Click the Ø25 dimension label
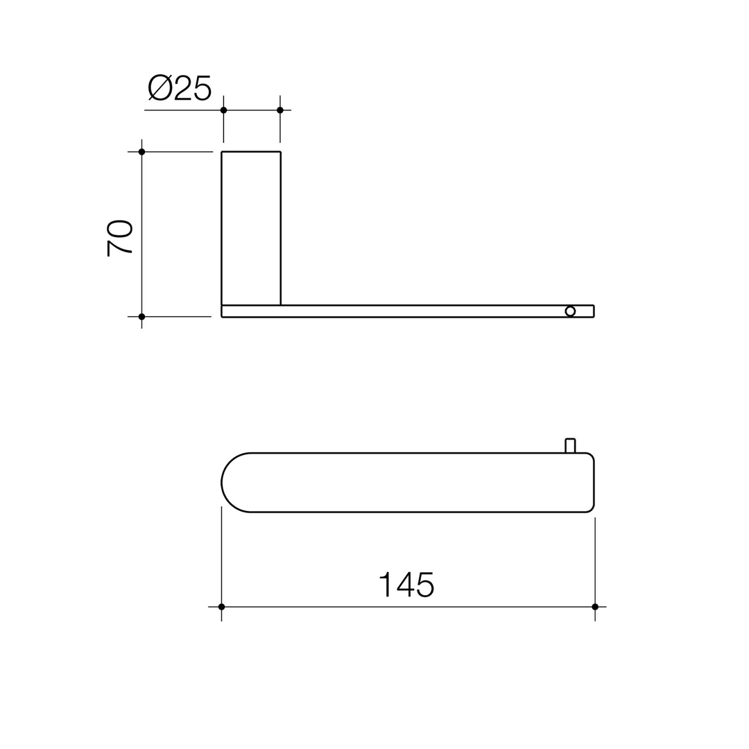[179, 87]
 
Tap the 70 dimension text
[119, 238]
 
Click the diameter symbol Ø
[160, 87]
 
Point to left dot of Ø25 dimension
[223, 110]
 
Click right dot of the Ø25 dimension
[280, 110]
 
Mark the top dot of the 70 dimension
[141, 152]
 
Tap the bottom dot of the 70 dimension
[141, 317]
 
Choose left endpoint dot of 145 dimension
[221, 607]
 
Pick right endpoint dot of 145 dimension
[595, 607]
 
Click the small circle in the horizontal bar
[570, 311]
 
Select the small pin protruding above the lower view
[570, 445]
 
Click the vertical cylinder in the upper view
[251, 228]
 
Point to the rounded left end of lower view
[232, 483]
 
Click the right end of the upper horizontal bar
[592, 311]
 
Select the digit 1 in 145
[386, 585]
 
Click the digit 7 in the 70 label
[119, 249]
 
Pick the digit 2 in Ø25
[183, 87]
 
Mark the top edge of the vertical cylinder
[251, 152]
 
